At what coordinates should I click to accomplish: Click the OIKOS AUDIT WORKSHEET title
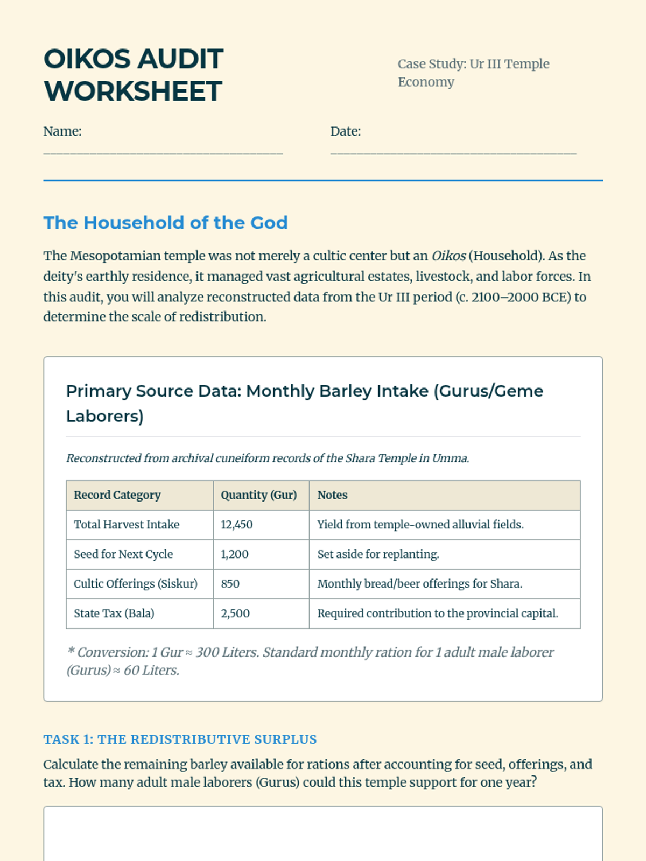coord(133,75)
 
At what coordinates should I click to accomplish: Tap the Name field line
coord(163,152)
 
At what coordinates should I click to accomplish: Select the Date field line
coord(453,152)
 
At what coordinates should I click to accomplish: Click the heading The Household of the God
coord(165,223)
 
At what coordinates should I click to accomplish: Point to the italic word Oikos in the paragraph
coord(448,256)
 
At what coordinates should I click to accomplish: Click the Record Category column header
coord(117,495)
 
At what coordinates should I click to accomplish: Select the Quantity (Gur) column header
coord(258,495)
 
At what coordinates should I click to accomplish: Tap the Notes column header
coord(332,495)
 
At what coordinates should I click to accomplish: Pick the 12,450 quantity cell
coord(237,525)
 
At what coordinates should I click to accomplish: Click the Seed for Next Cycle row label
coord(123,554)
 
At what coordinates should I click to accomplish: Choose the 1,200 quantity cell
coord(235,554)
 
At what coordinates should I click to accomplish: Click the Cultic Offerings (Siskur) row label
coord(136,584)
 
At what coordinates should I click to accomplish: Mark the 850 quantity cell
coord(230,584)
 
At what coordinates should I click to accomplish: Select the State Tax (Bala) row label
coord(114,613)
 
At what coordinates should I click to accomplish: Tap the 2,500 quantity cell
coord(235,613)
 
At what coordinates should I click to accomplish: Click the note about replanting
coord(378,554)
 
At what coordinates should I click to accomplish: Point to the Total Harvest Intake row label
coord(127,525)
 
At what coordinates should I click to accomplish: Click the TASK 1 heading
coord(180,739)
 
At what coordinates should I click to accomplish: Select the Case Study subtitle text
coord(473,73)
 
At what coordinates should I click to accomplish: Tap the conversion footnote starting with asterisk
coord(310,661)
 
